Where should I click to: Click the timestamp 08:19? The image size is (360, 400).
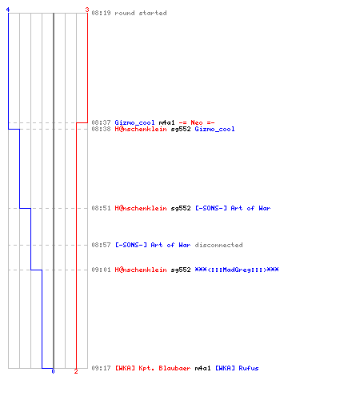(101, 13)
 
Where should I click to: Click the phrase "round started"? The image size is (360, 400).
(141, 13)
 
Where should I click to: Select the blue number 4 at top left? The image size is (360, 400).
(8, 10)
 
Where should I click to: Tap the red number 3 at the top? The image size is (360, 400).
(87, 10)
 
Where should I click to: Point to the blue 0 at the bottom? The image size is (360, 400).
(53, 371)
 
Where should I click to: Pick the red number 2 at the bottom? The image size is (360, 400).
(76, 371)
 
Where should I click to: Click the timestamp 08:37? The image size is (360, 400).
(101, 122)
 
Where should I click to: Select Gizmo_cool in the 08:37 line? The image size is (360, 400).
(134, 122)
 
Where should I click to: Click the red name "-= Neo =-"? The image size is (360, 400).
(197, 122)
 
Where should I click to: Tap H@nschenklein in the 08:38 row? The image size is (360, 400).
(141, 129)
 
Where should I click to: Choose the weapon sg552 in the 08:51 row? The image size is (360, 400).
(181, 208)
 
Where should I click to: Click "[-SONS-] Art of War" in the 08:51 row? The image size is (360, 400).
(233, 208)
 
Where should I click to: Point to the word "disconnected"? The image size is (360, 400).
(218, 245)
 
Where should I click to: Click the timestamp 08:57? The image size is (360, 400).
(101, 245)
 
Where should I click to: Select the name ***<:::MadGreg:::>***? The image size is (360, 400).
(237, 270)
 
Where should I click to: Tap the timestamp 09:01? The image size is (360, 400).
(101, 270)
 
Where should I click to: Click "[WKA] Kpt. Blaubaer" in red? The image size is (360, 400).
(153, 368)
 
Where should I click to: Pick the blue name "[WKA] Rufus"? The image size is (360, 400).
(237, 368)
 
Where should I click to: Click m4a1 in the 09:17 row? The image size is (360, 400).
(202, 368)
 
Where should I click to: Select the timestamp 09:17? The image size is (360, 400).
(101, 368)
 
